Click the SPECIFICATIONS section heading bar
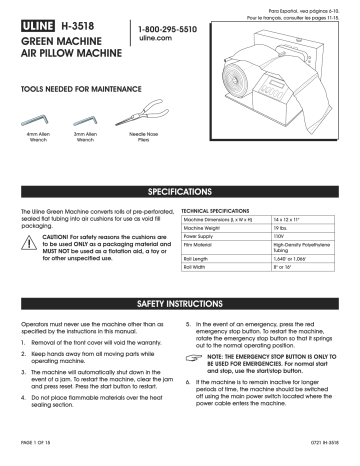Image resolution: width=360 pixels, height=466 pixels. [180, 190]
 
